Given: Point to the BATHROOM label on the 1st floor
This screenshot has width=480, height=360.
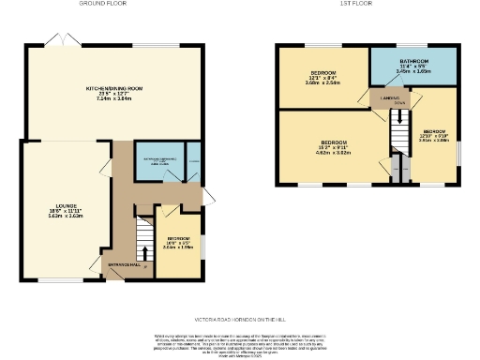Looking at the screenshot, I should coord(413,62).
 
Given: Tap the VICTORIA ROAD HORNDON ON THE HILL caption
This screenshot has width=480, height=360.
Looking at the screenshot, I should coord(239,318).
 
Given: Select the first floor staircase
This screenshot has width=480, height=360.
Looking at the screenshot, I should coord(399,123).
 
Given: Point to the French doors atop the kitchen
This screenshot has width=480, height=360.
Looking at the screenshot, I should coord(57,41).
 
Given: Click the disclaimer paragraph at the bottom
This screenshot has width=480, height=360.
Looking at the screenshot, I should coord(239,344).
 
